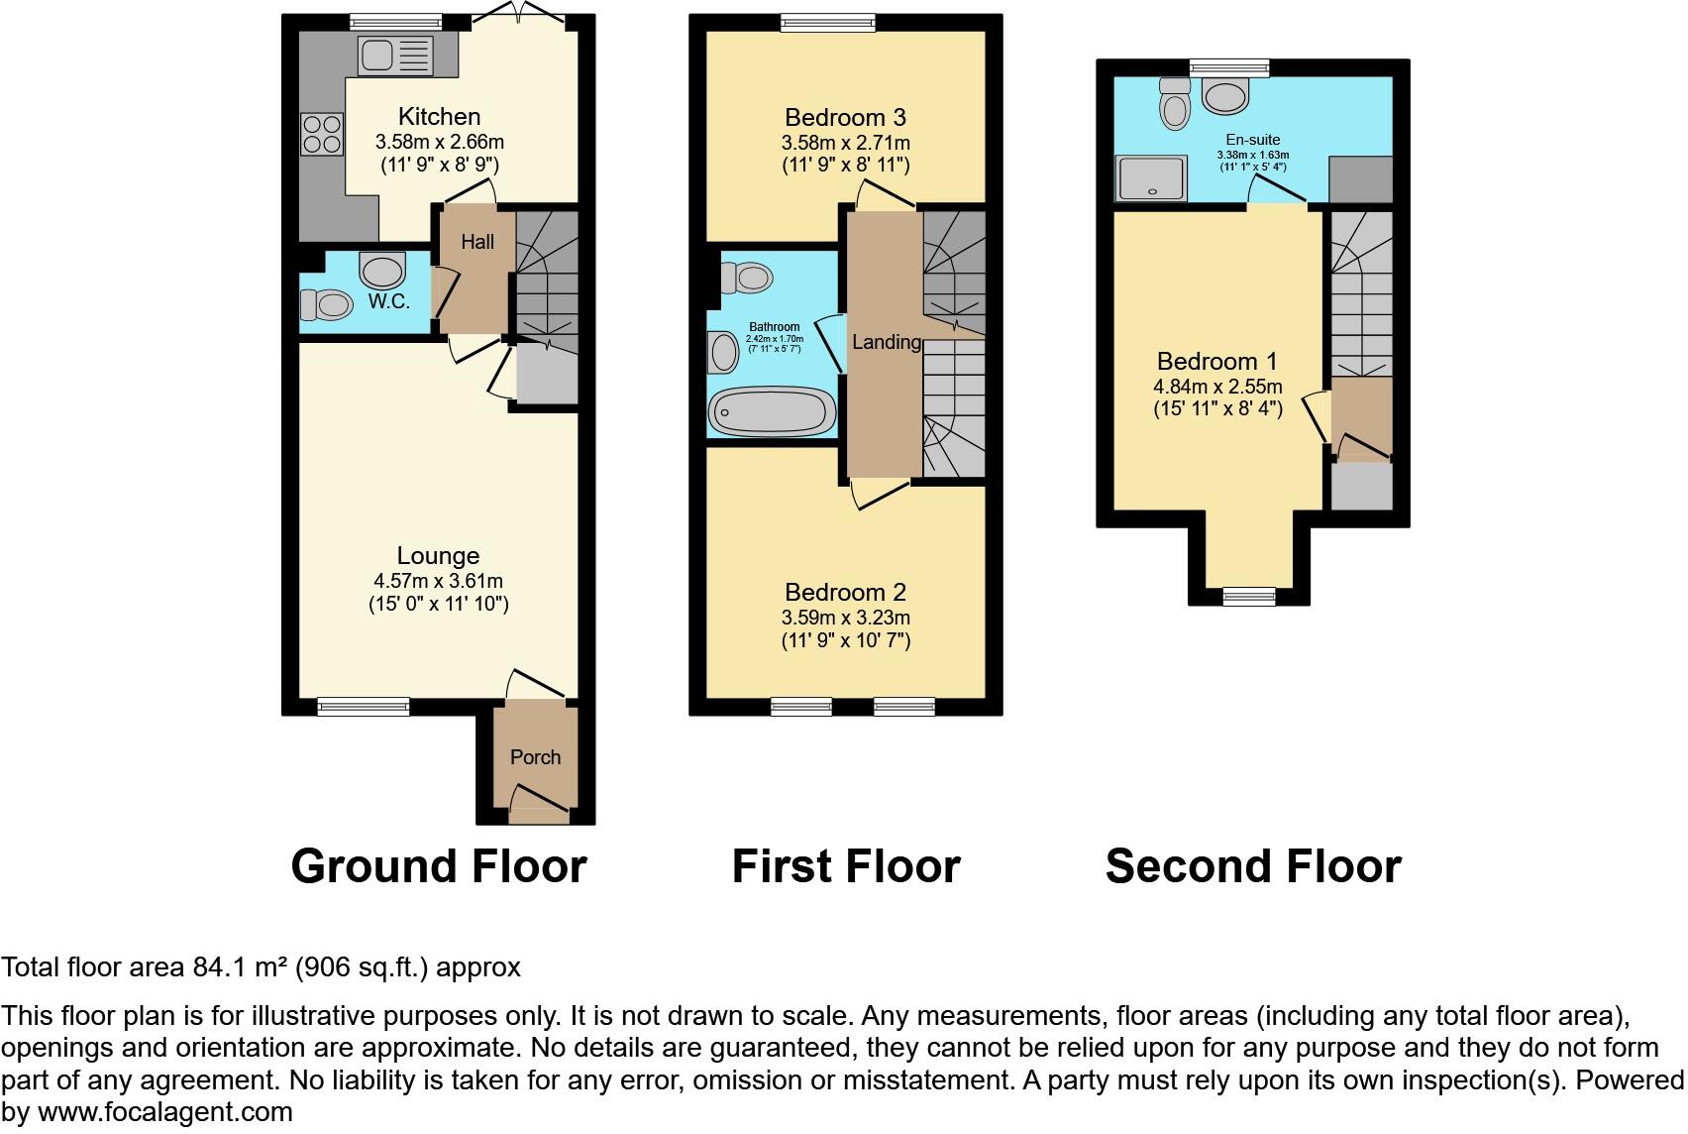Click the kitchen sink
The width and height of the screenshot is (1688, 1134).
pyautogui.click(x=395, y=56)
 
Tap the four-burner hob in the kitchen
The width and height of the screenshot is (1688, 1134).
pyautogui.click(x=322, y=134)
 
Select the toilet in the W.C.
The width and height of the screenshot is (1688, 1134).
pyautogui.click(x=326, y=305)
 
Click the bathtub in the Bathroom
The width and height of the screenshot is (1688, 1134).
pyautogui.click(x=773, y=411)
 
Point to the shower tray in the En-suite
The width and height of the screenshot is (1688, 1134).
pyautogui.click(x=1151, y=178)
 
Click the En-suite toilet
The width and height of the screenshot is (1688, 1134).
pyautogui.click(x=1175, y=103)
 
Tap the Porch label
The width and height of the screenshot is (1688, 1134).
pyautogui.click(x=535, y=757)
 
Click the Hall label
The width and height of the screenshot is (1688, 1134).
pyautogui.click(x=477, y=242)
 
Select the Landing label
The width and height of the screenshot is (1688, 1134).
pyautogui.click(x=887, y=342)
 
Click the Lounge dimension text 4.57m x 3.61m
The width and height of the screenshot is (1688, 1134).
pyautogui.click(x=439, y=581)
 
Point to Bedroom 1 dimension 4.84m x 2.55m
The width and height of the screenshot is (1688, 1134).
pyautogui.click(x=1217, y=387)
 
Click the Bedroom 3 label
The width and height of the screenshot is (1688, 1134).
pyautogui.click(x=846, y=118)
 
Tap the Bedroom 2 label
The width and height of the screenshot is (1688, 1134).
pyautogui.click(x=846, y=592)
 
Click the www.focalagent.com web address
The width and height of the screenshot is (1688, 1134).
pyautogui.click(x=165, y=1112)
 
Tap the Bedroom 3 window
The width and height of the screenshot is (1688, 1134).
pyautogui.click(x=828, y=24)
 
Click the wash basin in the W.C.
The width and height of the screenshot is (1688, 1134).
pyautogui.click(x=382, y=270)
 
